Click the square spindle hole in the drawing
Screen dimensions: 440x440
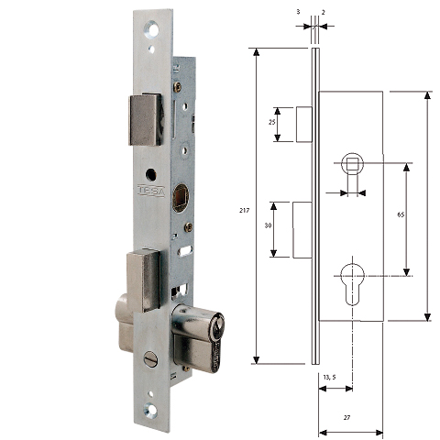point(352,164)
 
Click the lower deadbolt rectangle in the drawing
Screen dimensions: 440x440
point(302,229)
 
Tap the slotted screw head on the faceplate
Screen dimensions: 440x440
point(151,359)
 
